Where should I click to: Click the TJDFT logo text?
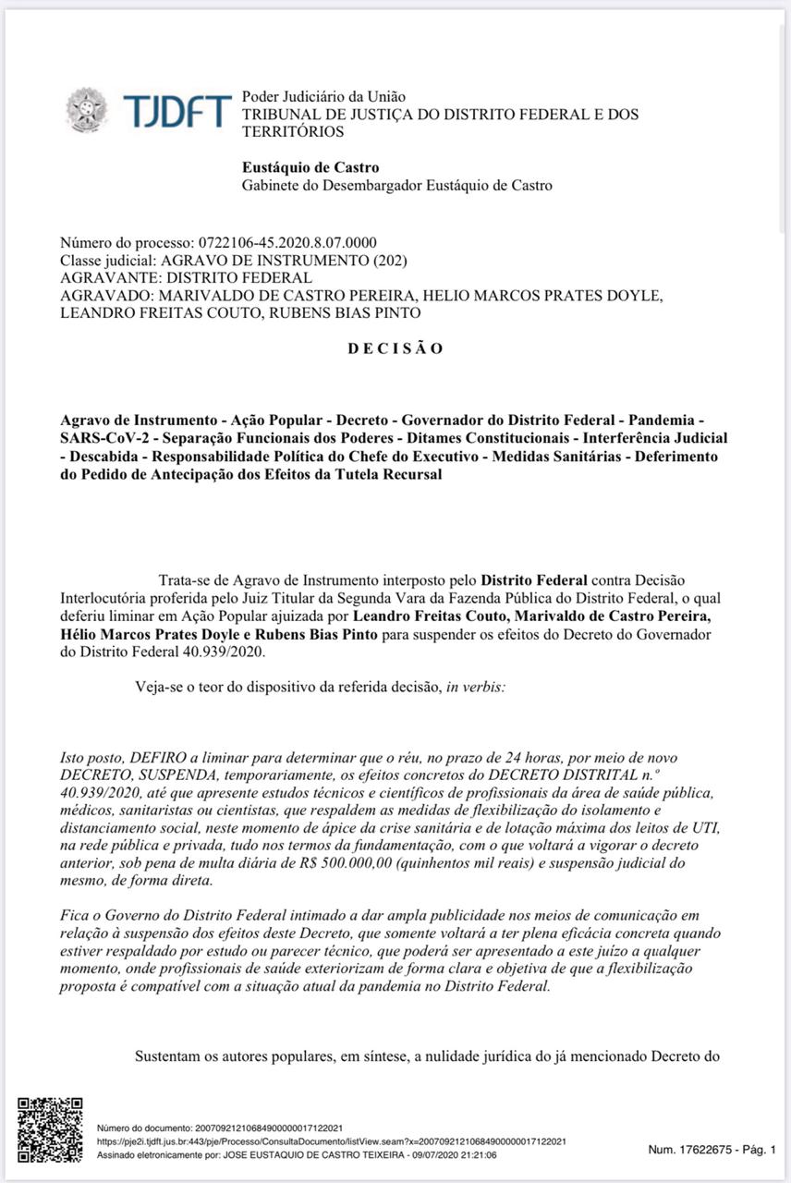(x=176, y=112)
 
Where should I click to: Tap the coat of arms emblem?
(x=86, y=110)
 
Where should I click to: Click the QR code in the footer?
(x=50, y=1129)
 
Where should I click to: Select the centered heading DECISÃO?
(x=395, y=348)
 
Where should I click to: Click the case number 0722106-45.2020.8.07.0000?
(x=287, y=243)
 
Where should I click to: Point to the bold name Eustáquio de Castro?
(x=310, y=168)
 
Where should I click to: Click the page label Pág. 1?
(x=760, y=1150)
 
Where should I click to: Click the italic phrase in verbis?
(x=475, y=689)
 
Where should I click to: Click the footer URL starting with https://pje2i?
(x=332, y=1141)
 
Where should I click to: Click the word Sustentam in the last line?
(x=170, y=1055)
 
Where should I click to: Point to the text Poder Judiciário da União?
(x=323, y=96)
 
